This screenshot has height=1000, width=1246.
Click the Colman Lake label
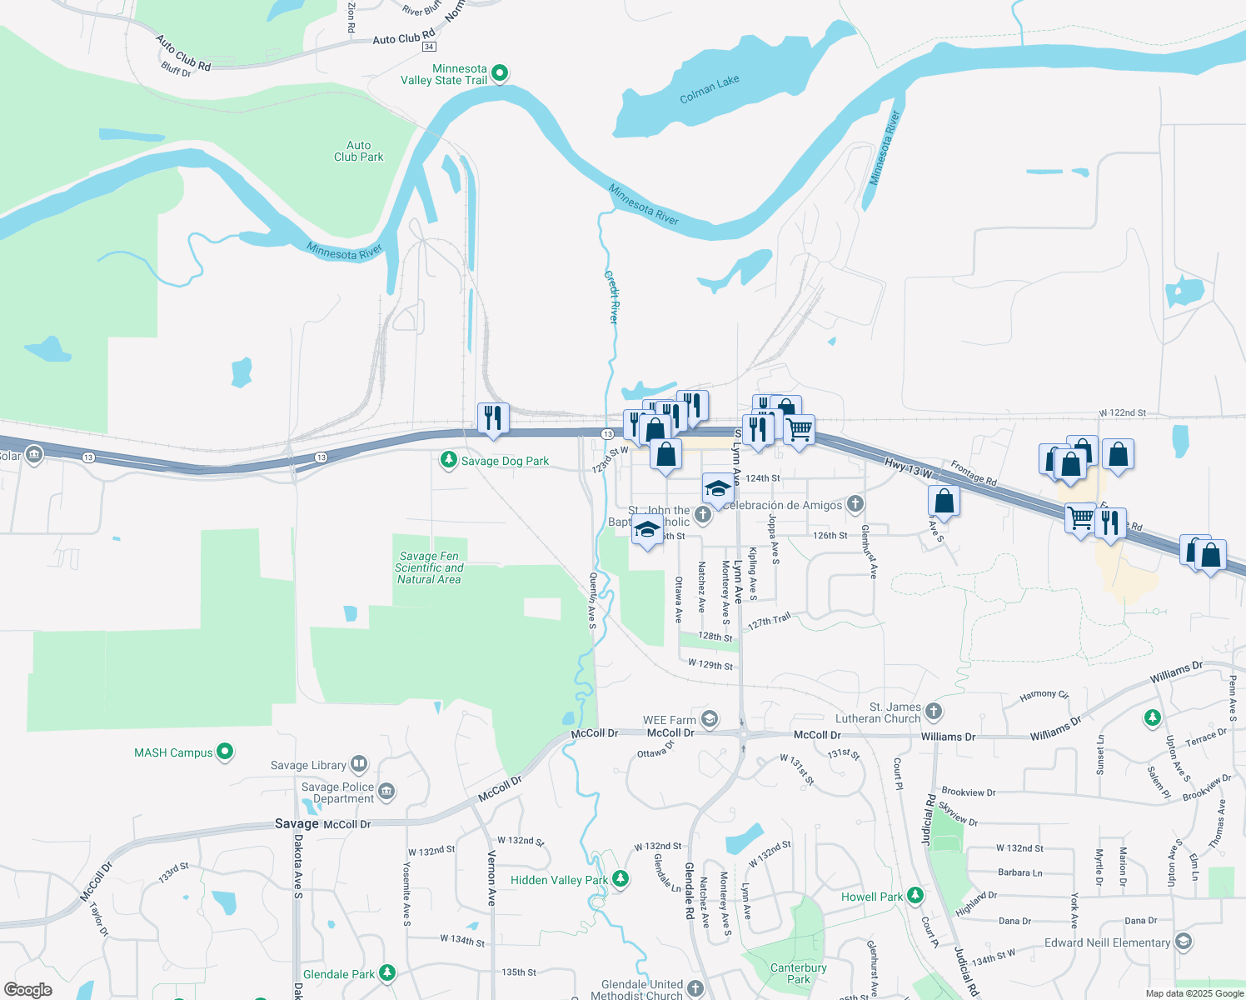click(709, 89)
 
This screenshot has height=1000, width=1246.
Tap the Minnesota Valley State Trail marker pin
click(500, 73)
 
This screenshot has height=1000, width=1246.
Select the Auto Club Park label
click(359, 151)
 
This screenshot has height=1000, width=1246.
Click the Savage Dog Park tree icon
click(449, 460)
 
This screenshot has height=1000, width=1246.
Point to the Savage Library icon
click(359, 763)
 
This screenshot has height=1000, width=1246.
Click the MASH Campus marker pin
click(225, 752)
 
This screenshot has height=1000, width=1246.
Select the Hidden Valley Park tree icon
click(620, 878)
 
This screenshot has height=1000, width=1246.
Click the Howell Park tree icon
click(915, 895)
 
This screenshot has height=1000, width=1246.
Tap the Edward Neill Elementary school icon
click(1184, 942)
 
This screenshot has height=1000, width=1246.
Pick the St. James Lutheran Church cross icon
click(934, 711)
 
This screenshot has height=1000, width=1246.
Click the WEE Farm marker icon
click(709, 718)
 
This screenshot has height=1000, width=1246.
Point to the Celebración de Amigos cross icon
click(855, 504)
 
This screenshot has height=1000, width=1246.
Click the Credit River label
click(612, 297)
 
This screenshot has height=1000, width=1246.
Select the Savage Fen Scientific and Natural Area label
click(429, 567)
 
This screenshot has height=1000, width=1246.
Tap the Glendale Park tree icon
click(386, 972)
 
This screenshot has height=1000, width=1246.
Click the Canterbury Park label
click(798, 973)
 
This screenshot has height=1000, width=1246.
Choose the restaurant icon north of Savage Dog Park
click(493, 417)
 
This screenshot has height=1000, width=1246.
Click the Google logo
click(27, 990)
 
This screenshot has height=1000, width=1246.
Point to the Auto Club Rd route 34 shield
click(429, 47)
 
